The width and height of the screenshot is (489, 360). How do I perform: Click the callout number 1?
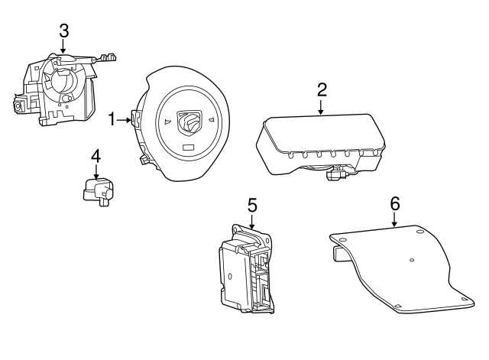click(x=112, y=120)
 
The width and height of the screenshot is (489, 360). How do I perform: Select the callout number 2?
click(x=322, y=90)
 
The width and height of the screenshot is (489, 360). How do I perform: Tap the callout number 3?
click(x=64, y=31)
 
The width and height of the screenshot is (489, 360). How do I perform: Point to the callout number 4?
click(x=96, y=156)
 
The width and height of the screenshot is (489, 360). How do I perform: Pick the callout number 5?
click(x=252, y=206)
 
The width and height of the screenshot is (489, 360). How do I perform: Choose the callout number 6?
click(x=395, y=204)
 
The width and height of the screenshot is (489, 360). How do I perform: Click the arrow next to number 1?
click(x=124, y=120)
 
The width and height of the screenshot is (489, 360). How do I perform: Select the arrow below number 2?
click(x=321, y=107)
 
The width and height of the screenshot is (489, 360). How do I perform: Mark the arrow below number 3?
click(x=63, y=47)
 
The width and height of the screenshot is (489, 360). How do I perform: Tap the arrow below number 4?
click(x=96, y=172)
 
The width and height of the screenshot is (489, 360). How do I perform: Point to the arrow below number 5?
click(x=252, y=222)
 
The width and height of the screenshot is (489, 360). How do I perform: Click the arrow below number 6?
click(x=394, y=219)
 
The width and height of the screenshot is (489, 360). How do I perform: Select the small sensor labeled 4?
click(x=99, y=192)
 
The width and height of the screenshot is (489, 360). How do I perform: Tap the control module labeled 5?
click(x=247, y=268)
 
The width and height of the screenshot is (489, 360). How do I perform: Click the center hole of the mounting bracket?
click(x=412, y=260)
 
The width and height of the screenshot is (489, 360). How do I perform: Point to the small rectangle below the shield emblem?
click(x=189, y=148)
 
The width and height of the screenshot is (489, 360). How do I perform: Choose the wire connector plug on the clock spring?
click(x=109, y=57)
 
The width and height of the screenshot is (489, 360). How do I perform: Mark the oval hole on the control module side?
click(x=230, y=276)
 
